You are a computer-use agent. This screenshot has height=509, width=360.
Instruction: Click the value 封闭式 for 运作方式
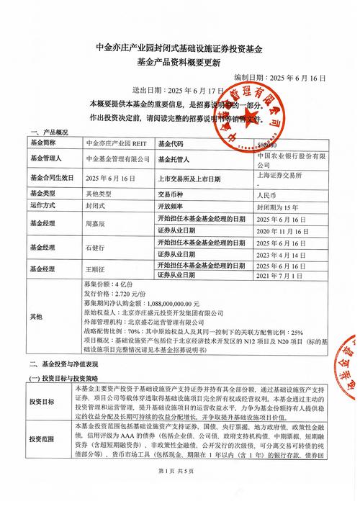(x=96, y=206)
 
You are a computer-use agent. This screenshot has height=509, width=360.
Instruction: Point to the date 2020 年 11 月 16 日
(x=282, y=230)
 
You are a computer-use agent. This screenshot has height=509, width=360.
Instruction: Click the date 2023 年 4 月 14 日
(x=282, y=253)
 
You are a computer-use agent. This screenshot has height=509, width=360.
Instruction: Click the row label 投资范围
(x=42, y=438)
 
